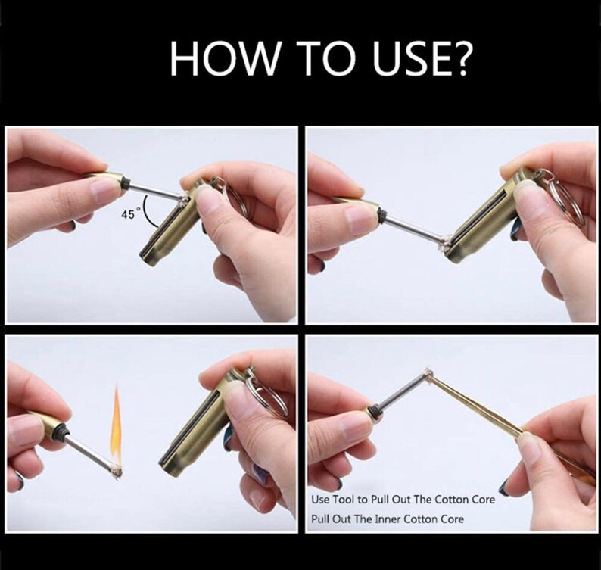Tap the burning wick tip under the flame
[x=116, y=470]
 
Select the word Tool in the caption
[x=344, y=500]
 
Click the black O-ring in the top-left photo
[x=126, y=180]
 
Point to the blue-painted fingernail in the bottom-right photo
[x=503, y=488]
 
